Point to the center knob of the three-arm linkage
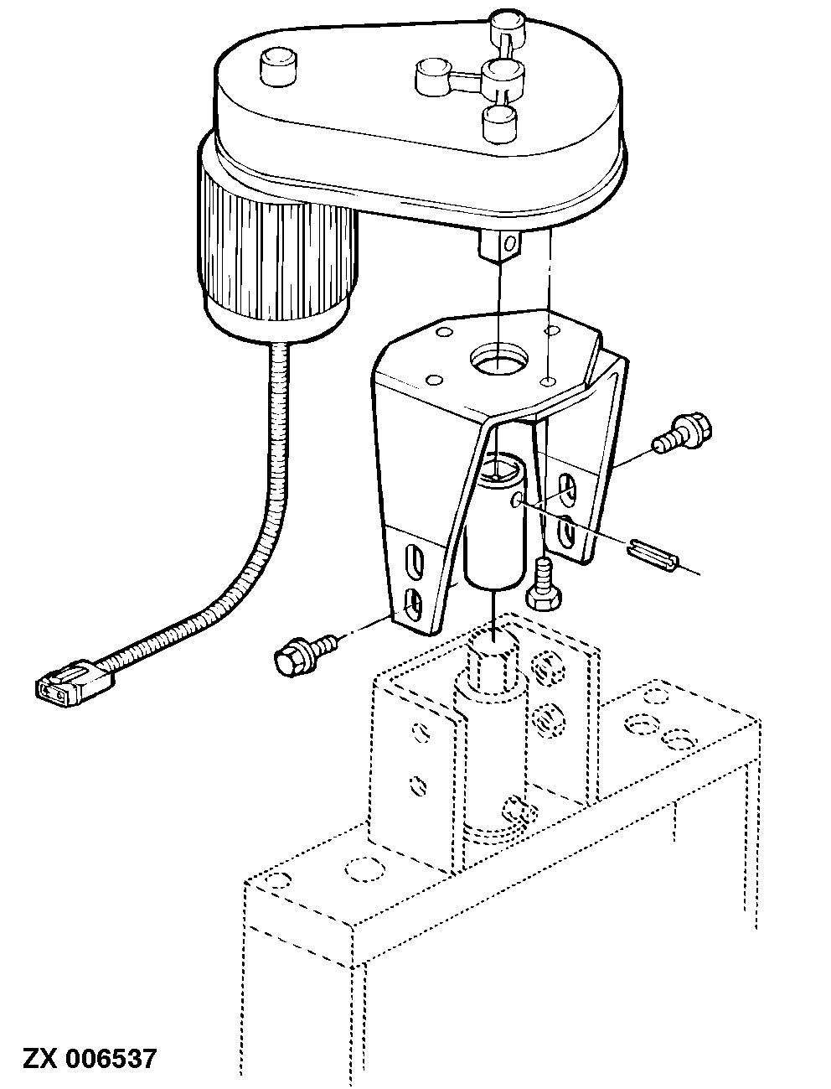click(502, 76)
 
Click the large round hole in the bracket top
click(499, 359)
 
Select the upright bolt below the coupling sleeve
click(544, 584)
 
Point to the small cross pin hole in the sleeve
click(517, 502)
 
